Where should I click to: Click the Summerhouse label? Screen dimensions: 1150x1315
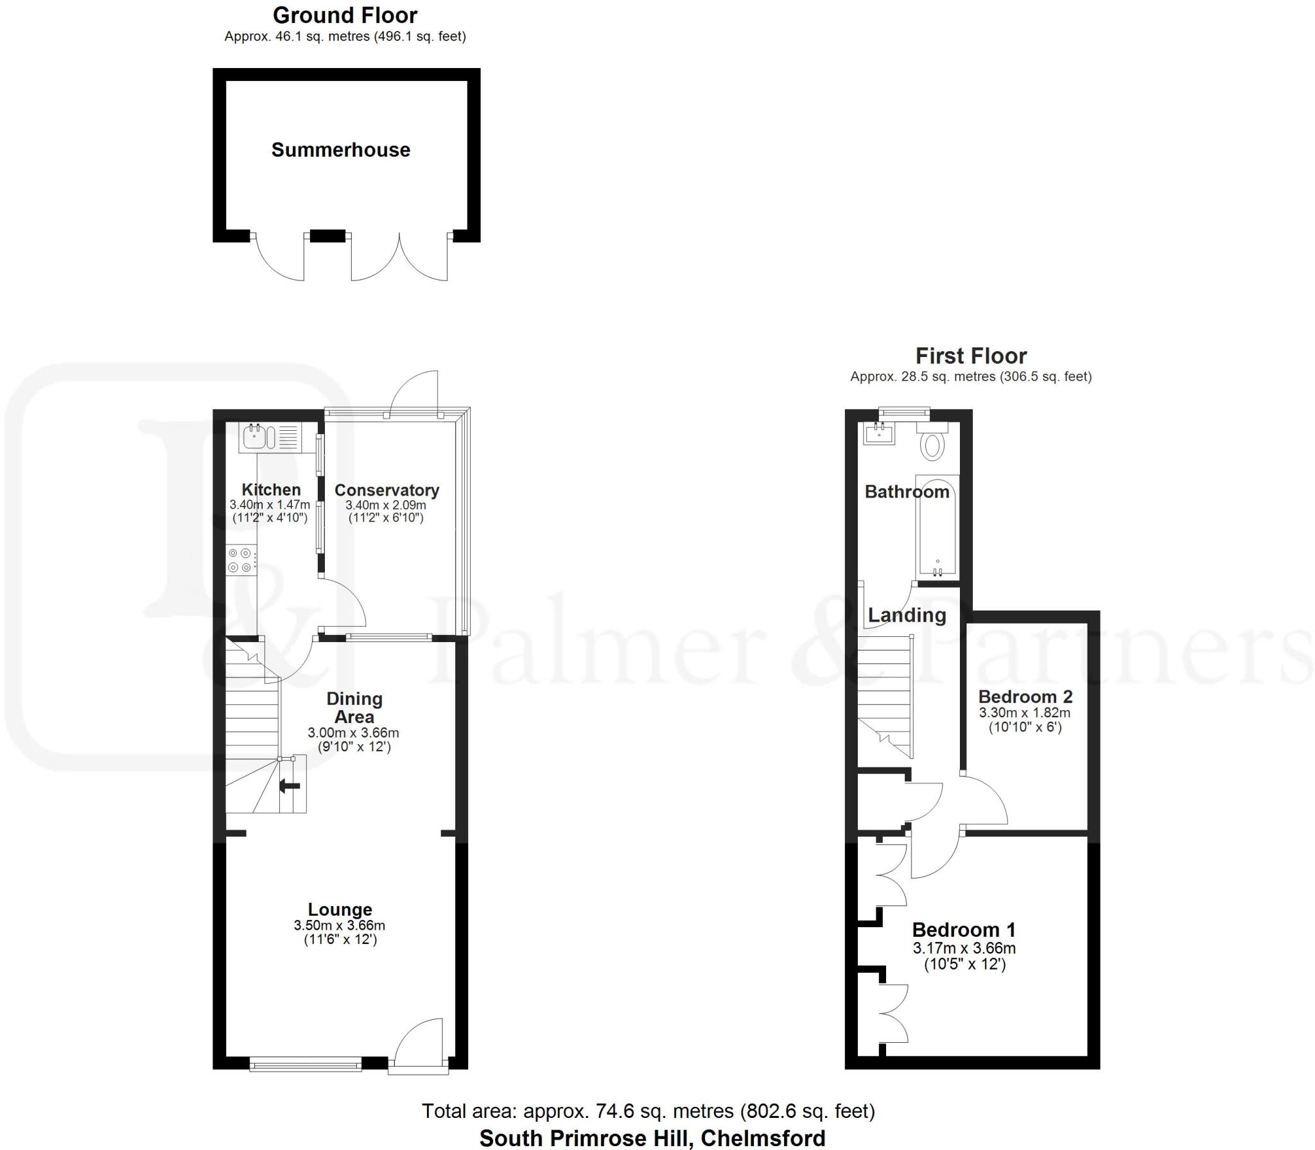[340, 150]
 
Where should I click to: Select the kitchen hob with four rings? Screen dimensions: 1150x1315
[240, 559]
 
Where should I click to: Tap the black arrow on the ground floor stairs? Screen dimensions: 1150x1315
[290, 785]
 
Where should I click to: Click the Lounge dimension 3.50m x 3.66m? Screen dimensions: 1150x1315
[339, 925]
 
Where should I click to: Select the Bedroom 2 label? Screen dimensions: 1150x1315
[1025, 697]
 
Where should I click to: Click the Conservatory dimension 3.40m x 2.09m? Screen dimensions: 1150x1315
[385, 505]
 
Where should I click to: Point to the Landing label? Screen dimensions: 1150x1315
[907, 615]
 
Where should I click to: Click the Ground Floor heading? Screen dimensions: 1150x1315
[345, 15]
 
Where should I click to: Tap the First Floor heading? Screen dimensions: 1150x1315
[970, 356]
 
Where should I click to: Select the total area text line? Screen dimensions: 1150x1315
[648, 1111]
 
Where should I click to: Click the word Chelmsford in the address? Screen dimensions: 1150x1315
[762, 1138]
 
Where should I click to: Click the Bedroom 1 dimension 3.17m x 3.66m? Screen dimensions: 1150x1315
[964, 948]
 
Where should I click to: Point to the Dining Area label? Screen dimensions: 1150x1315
[354, 708]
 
